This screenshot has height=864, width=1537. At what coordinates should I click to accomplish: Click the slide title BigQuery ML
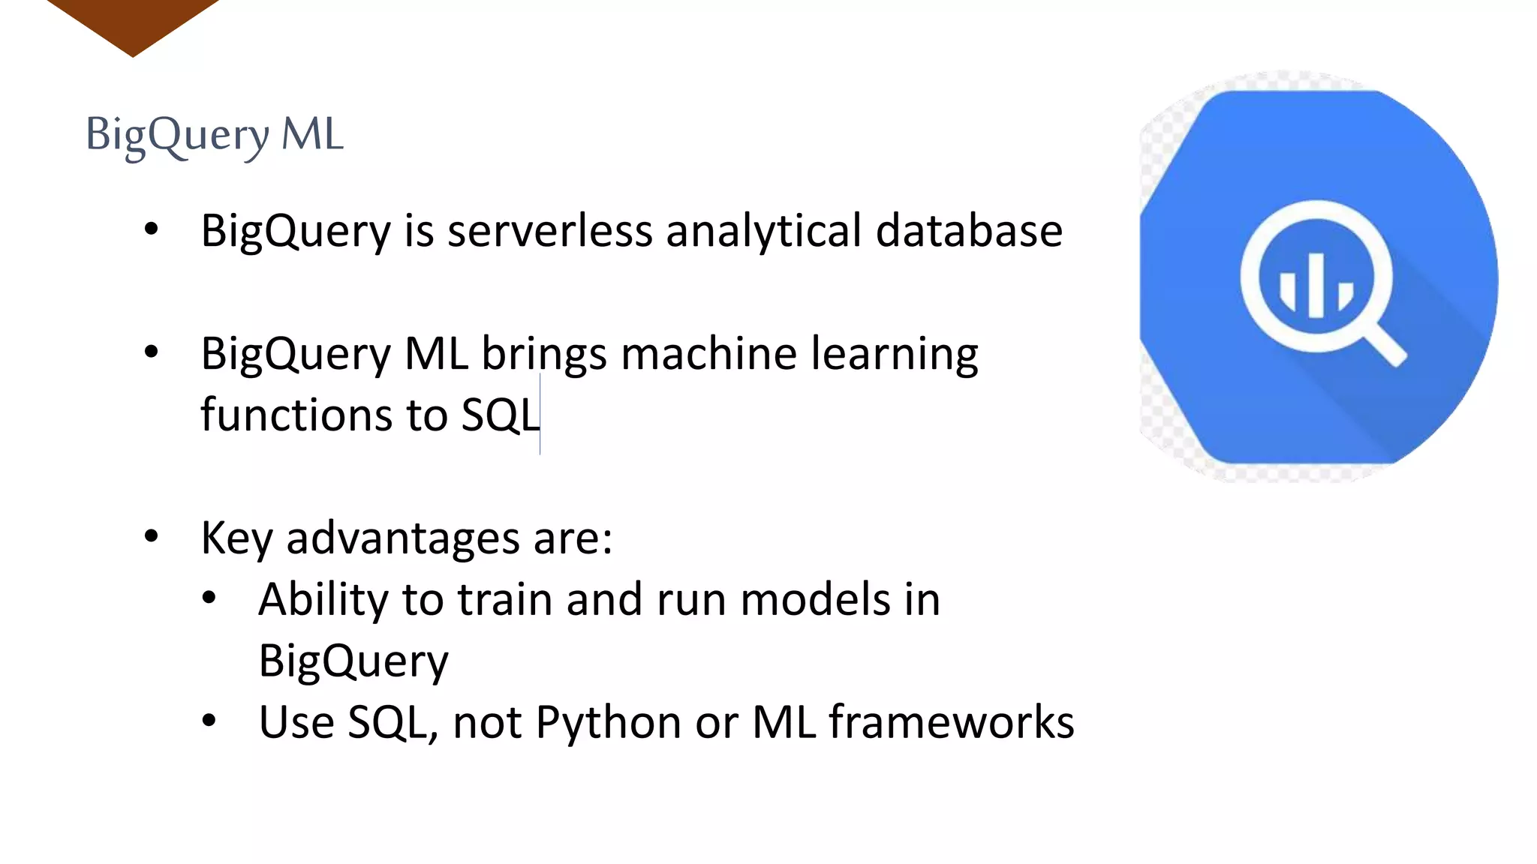pos(215,135)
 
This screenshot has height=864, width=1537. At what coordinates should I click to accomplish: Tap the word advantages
pos(403,538)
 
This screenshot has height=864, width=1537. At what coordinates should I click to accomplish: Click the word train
pos(505,600)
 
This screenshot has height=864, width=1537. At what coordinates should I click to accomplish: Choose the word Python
pos(609,723)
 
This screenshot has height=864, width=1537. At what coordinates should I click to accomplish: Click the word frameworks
pos(951,722)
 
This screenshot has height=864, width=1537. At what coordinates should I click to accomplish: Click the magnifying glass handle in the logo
pos(1385,345)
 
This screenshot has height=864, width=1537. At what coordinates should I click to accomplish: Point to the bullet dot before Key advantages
pos(152,536)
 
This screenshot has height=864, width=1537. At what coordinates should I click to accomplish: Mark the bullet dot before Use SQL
pos(209,721)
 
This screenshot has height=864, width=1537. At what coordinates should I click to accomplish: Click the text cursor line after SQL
pos(540,415)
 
